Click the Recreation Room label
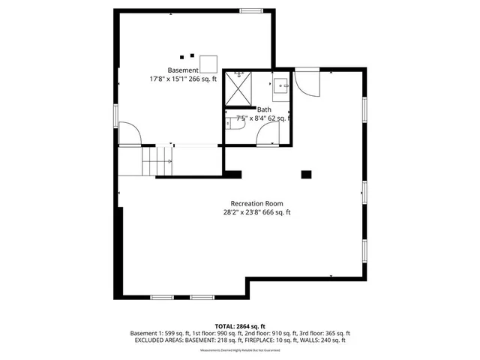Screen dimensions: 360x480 pyautogui.click(x=256, y=203)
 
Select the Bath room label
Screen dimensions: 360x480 pyautogui.click(x=264, y=109)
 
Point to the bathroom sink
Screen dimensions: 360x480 pyautogui.click(x=281, y=85)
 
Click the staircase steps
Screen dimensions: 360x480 pyautogui.click(x=158, y=160)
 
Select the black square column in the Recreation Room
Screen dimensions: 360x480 pyautogui.click(x=305, y=175)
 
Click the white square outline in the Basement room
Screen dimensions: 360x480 pyautogui.click(x=208, y=63)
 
